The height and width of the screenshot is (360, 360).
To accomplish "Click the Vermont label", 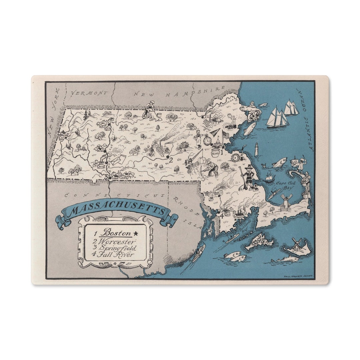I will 89,93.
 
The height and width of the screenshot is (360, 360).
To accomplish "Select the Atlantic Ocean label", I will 306,120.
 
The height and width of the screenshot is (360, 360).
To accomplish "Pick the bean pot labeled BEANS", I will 215,153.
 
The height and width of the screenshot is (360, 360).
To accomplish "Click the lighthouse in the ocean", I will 256,149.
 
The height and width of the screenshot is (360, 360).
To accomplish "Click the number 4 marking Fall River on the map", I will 221,215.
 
